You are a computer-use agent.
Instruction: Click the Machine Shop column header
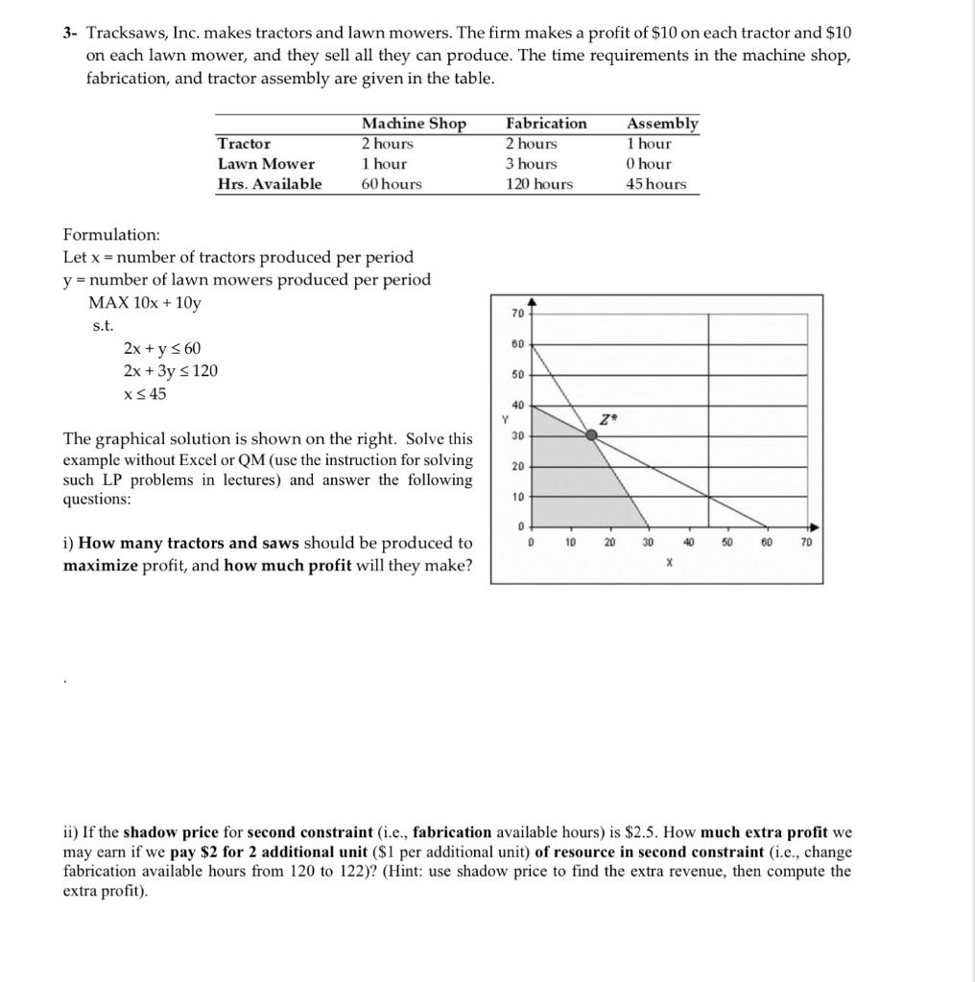pos(414,124)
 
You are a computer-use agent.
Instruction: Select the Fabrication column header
pos(546,124)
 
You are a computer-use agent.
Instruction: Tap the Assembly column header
pos(662,124)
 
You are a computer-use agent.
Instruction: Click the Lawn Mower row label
pos(266,164)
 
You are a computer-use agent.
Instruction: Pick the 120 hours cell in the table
pos(539,184)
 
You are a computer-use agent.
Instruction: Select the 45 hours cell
pos(656,184)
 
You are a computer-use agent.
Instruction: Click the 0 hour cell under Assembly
pos(649,164)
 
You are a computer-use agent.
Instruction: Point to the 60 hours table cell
pos(392,184)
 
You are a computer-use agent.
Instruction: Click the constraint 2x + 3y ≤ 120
pos(171,371)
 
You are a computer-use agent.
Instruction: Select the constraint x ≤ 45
pos(145,394)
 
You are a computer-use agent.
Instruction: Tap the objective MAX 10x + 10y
pos(145,303)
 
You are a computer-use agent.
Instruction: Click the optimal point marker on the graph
pos(592,434)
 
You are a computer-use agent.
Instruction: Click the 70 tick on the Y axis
pos(517,314)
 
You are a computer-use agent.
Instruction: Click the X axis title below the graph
pos(669,565)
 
